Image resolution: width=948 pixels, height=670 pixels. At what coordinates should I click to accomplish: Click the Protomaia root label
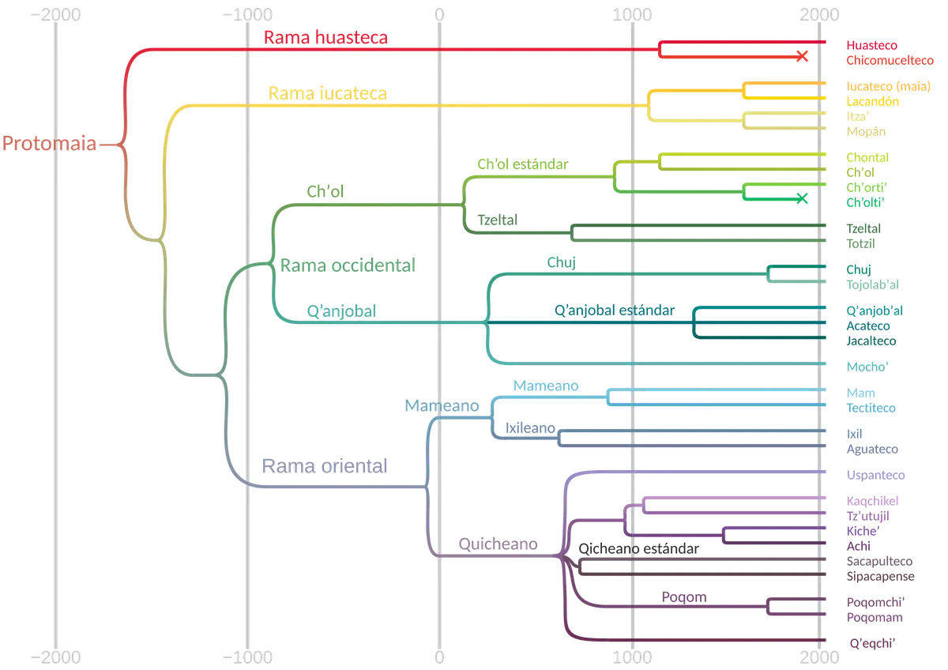49,143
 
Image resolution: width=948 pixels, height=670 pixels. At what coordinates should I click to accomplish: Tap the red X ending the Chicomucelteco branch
802,56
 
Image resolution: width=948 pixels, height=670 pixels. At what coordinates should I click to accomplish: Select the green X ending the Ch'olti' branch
802,198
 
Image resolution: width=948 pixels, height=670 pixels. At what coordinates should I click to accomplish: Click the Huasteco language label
871,45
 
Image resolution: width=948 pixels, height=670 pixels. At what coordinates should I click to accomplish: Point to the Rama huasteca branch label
325,37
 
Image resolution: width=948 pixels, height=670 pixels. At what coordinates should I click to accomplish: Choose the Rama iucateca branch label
328,93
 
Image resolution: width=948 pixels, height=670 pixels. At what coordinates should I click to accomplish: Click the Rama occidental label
348,265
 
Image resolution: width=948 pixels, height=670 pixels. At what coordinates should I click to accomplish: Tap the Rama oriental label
324,466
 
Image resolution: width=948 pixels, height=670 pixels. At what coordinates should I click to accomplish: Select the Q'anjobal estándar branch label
614,311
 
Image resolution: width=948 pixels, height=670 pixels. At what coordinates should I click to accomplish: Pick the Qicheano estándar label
638,548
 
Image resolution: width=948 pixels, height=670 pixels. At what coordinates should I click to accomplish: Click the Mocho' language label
867,367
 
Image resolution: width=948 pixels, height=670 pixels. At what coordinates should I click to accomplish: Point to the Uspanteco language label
875,475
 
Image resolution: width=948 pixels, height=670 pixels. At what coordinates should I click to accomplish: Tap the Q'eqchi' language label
872,643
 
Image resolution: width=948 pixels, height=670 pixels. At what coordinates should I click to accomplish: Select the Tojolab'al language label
872,284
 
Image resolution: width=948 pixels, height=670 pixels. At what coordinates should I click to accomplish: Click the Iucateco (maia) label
888,86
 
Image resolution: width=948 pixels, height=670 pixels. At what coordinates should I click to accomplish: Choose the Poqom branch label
684,597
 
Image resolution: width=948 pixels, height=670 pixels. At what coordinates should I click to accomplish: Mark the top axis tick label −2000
55,15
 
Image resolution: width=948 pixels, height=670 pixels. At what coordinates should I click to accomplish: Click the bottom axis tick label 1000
632,657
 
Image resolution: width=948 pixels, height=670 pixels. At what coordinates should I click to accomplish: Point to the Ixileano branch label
530,428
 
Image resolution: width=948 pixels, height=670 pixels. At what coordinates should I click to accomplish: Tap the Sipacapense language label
880,577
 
